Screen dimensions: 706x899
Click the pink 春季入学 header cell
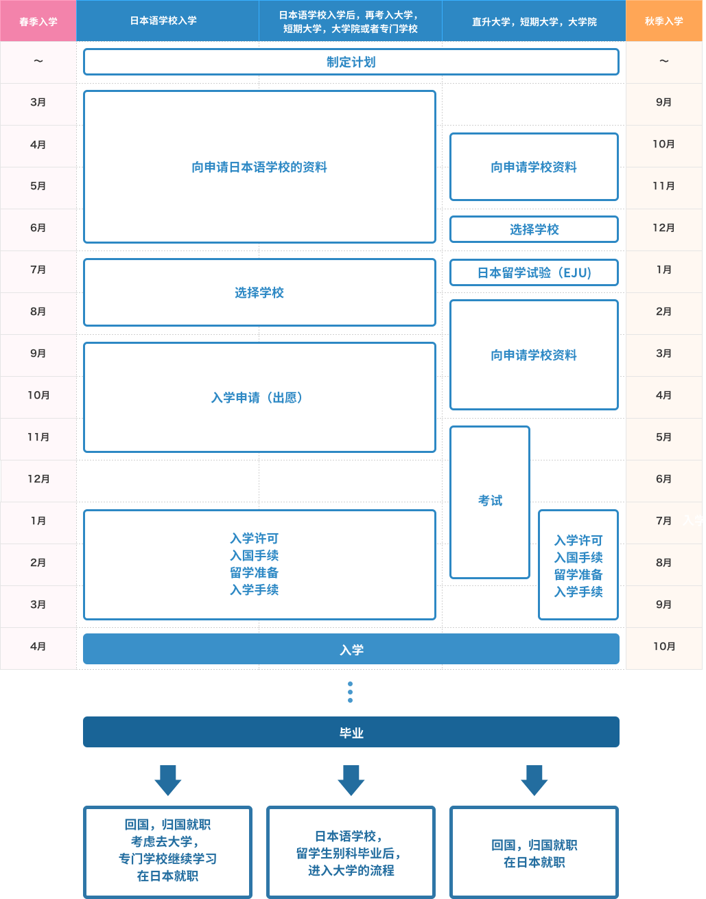[38, 21]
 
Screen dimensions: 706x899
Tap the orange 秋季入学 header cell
[664, 21]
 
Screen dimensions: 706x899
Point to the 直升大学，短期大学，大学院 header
[534, 21]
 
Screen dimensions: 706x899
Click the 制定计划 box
[351, 62]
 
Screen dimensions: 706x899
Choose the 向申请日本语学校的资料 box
[259, 167]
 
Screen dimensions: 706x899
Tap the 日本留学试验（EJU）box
[534, 272]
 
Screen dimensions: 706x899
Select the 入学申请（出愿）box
[259, 397]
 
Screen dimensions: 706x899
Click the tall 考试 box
[490, 502]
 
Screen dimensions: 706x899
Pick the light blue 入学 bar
[351, 649]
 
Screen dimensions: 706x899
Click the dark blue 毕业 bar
[351, 732]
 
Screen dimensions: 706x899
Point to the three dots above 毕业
[351, 692]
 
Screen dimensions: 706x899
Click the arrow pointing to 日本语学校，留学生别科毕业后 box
[351, 780]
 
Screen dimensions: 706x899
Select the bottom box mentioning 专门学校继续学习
[167, 852]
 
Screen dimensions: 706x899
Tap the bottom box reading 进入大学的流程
[351, 852]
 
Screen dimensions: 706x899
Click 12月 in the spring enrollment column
[38, 479]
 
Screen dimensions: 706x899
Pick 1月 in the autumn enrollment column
[664, 270]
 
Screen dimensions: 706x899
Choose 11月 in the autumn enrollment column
[664, 186]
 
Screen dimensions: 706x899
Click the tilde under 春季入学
[38, 61]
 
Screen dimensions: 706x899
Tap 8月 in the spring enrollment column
[38, 312]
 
